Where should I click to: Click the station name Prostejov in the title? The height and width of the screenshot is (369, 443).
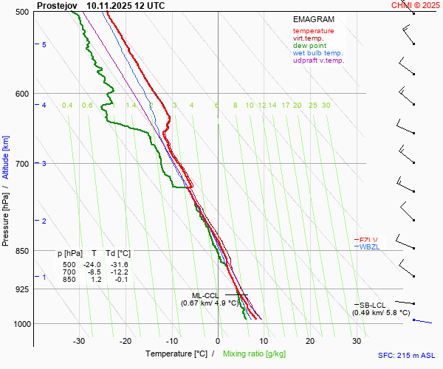tap(56, 5)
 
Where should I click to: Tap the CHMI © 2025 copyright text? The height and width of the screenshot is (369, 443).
tap(416, 5)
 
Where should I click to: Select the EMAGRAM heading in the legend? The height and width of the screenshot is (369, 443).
tap(313, 19)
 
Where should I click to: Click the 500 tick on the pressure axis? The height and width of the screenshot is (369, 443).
tap(22, 12)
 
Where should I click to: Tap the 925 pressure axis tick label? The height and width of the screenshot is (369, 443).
tap(22, 289)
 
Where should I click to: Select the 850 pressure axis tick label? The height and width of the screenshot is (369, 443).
tap(22, 251)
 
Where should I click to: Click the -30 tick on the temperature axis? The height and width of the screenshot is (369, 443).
tap(80, 341)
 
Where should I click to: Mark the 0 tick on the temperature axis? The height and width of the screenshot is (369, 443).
tap(218, 341)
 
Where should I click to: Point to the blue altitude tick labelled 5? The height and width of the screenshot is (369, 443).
tap(44, 45)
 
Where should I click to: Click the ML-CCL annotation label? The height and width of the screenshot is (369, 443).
tap(206, 295)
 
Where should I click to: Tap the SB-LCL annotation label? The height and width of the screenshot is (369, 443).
tap(372, 305)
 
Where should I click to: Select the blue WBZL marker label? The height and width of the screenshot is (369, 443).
tap(368, 247)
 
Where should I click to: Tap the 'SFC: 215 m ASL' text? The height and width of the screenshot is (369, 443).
tap(408, 355)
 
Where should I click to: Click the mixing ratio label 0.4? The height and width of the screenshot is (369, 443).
tap(67, 106)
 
